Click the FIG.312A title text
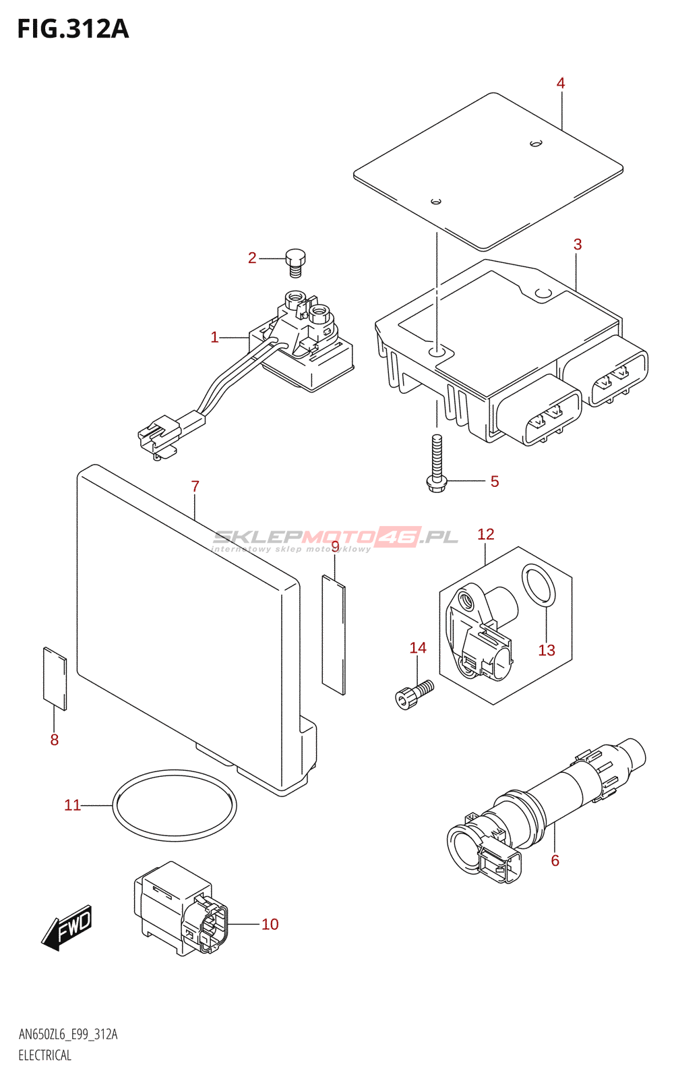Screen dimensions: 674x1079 (73, 30)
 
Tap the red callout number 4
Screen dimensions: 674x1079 (560, 84)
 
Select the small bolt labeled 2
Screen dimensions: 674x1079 (296, 262)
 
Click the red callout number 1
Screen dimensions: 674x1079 (215, 337)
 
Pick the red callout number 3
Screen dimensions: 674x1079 (578, 244)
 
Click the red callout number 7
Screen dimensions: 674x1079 (195, 486)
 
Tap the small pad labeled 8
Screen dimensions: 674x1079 (55, 678)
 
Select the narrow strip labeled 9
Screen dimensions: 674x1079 (334, 635)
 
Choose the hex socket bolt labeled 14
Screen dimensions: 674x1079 (415, 694)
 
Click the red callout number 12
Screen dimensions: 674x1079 (486, 534)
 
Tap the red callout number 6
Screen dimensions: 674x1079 (555, 861)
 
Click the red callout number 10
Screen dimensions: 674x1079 (270, 924)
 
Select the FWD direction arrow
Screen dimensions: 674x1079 (67, 928)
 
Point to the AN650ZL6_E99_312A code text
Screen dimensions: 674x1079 (68, 1034)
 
